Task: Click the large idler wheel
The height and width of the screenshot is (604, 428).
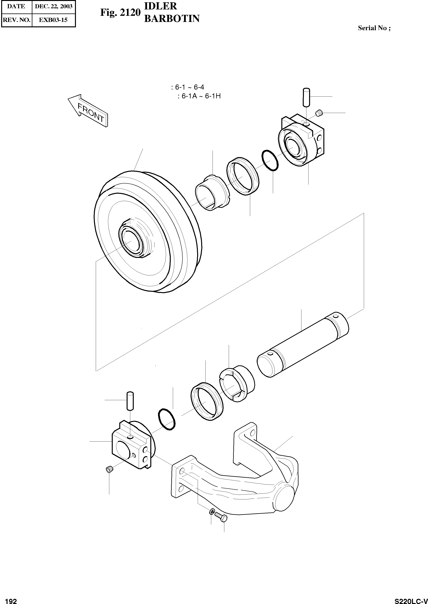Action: tap(148, 232)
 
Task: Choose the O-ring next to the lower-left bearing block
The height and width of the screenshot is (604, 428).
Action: tap(166, 420)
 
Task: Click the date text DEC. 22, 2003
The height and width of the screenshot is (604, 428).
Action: tap(54, 7)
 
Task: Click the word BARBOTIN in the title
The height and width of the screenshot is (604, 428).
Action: tap(172, 18)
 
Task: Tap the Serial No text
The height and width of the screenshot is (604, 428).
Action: tap(374, 28)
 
